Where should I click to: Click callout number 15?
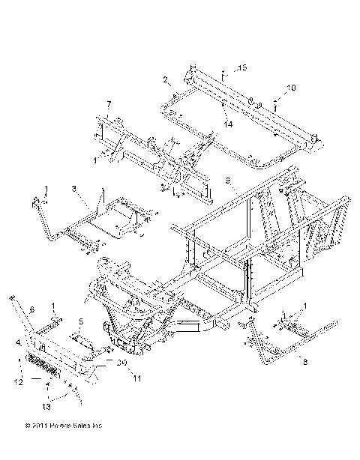click(x=242, y=68)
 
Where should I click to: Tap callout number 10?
click(x=291, y=88)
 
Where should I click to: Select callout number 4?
click(x=18, y=342)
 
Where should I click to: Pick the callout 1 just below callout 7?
click(x=94, y=160)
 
